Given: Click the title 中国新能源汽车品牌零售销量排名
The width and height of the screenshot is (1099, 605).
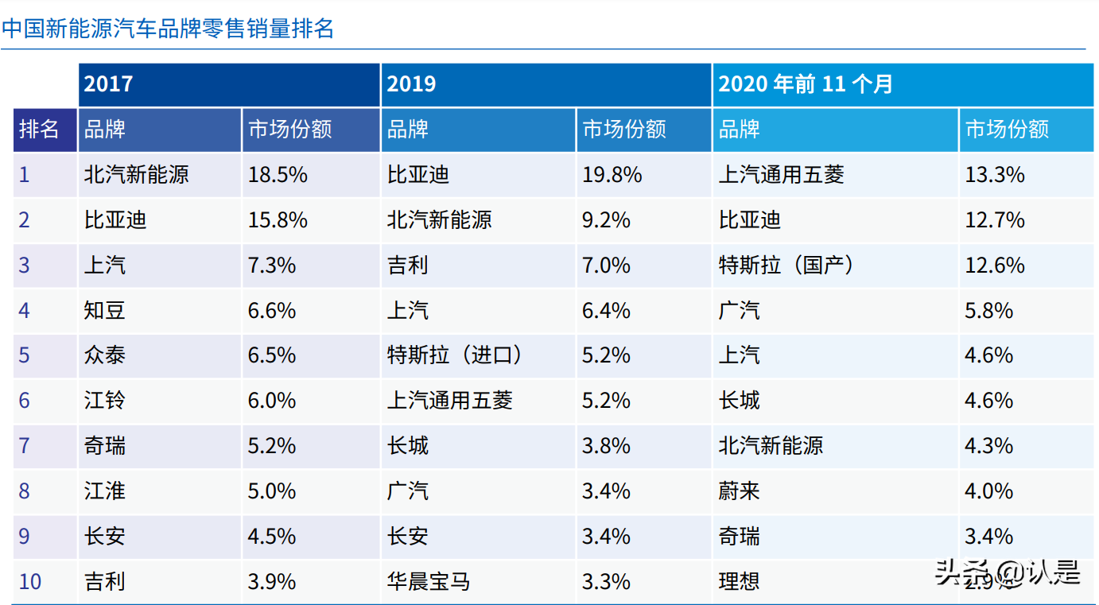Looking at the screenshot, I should tap(168, 29).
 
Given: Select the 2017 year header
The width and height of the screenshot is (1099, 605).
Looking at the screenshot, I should tap(109, 83).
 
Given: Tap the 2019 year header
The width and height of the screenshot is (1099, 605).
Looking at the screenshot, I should tap(411, 83).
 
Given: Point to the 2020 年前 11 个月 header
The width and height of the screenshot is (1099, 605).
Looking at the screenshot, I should tap(806, 83).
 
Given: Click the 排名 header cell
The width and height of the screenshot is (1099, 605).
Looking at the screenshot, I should tap(40, 129).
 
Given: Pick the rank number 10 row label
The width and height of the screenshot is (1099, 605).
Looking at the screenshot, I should tap(30, 581).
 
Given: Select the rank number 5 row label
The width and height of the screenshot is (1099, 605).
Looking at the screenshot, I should tap(25, 355).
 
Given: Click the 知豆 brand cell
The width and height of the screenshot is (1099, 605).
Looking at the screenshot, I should tap(105, 309).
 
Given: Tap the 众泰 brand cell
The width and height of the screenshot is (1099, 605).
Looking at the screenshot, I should tap(105, 355).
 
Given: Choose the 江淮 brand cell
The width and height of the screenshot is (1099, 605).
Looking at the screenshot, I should tap(105, 491).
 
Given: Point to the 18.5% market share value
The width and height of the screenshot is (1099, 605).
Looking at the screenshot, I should tap(278, 174).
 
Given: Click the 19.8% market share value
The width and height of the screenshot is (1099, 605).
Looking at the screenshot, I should tap(612, 174).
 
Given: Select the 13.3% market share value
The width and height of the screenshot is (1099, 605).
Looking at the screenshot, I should tap(995, 174).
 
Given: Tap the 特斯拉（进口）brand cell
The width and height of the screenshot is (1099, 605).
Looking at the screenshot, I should tap(455, 355).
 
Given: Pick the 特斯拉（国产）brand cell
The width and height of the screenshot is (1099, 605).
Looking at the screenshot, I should tap(786, 265).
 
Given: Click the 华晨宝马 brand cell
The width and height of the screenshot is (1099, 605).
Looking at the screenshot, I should tap(429, 581).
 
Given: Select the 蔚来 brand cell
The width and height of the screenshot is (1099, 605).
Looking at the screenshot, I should tap(740, 491).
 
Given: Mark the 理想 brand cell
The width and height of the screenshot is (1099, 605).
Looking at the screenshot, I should tap(740, 581).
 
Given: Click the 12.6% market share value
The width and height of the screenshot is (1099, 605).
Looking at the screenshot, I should tap(995, 265).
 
